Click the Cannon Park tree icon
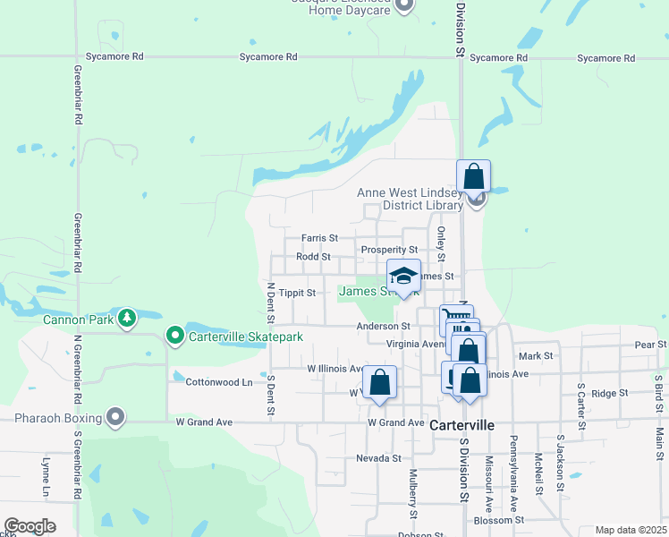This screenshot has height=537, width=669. [128, 318]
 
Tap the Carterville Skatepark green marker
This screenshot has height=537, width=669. [175, 337]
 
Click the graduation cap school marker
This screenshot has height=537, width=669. [403, 277]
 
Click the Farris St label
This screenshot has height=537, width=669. [319, 239]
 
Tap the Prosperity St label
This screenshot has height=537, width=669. [389, 250]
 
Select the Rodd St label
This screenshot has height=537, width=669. [313, 257]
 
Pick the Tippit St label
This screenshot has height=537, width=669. [298, 293]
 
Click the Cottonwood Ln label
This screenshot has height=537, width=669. [218, 382]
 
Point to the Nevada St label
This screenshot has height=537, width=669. [378, 458]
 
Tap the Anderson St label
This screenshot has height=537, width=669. [383, 327]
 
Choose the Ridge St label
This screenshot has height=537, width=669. [610, 393]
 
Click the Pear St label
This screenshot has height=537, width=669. [650, 344]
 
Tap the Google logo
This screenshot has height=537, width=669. [30, 525]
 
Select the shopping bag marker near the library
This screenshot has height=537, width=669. [473, 177]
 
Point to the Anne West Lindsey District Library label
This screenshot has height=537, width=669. [411, 199]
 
